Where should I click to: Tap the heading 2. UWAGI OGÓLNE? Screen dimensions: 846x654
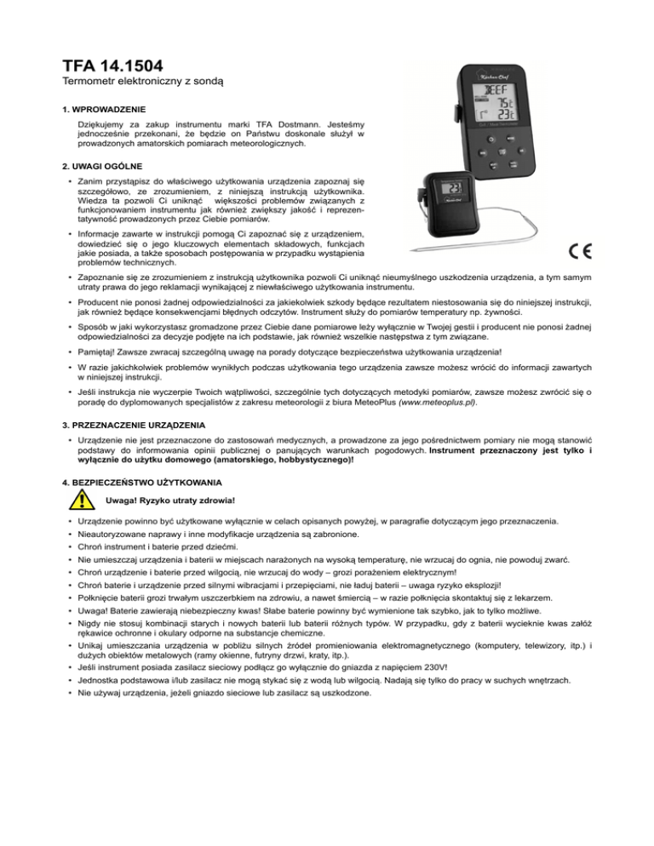click(x=101, y=165)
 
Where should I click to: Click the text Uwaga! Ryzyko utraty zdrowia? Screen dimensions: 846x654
click(x=162, y=500)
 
